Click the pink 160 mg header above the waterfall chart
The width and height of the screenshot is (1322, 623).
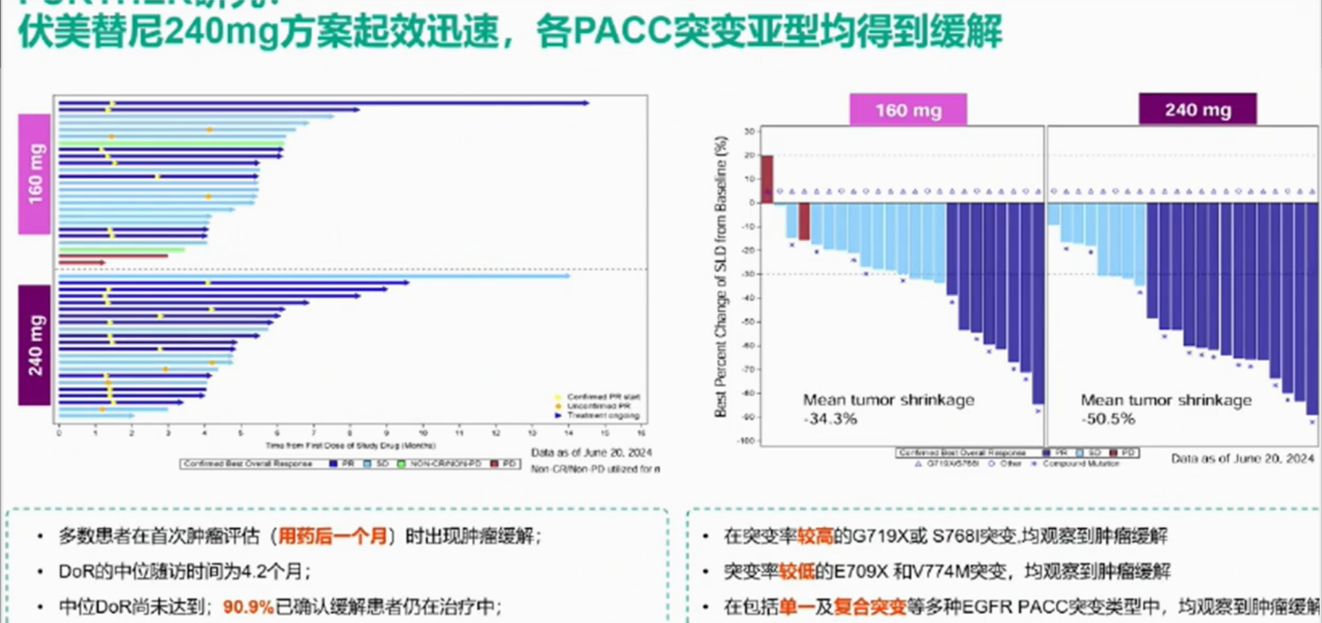(908, 110)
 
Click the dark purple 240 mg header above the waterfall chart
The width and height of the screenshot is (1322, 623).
(1197, 109)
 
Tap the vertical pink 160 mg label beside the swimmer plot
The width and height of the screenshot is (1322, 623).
(35, 174)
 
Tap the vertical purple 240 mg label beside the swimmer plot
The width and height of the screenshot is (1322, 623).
(35, 345)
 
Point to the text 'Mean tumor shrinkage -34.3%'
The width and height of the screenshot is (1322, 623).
(888, 409)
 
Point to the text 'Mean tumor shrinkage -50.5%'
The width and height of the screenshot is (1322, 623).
(1166, 409)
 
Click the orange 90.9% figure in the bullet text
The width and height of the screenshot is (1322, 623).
(248, 606)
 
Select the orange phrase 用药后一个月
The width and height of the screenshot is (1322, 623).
(333, 536)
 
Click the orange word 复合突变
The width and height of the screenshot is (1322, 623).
(869, 606)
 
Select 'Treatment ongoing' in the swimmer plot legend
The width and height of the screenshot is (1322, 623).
(603, 416)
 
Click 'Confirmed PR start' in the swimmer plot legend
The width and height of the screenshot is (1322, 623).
(603, 397)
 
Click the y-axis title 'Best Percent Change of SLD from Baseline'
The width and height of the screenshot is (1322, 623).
(721, 275)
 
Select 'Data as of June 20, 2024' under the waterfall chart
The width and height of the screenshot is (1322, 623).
(1242, 458)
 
